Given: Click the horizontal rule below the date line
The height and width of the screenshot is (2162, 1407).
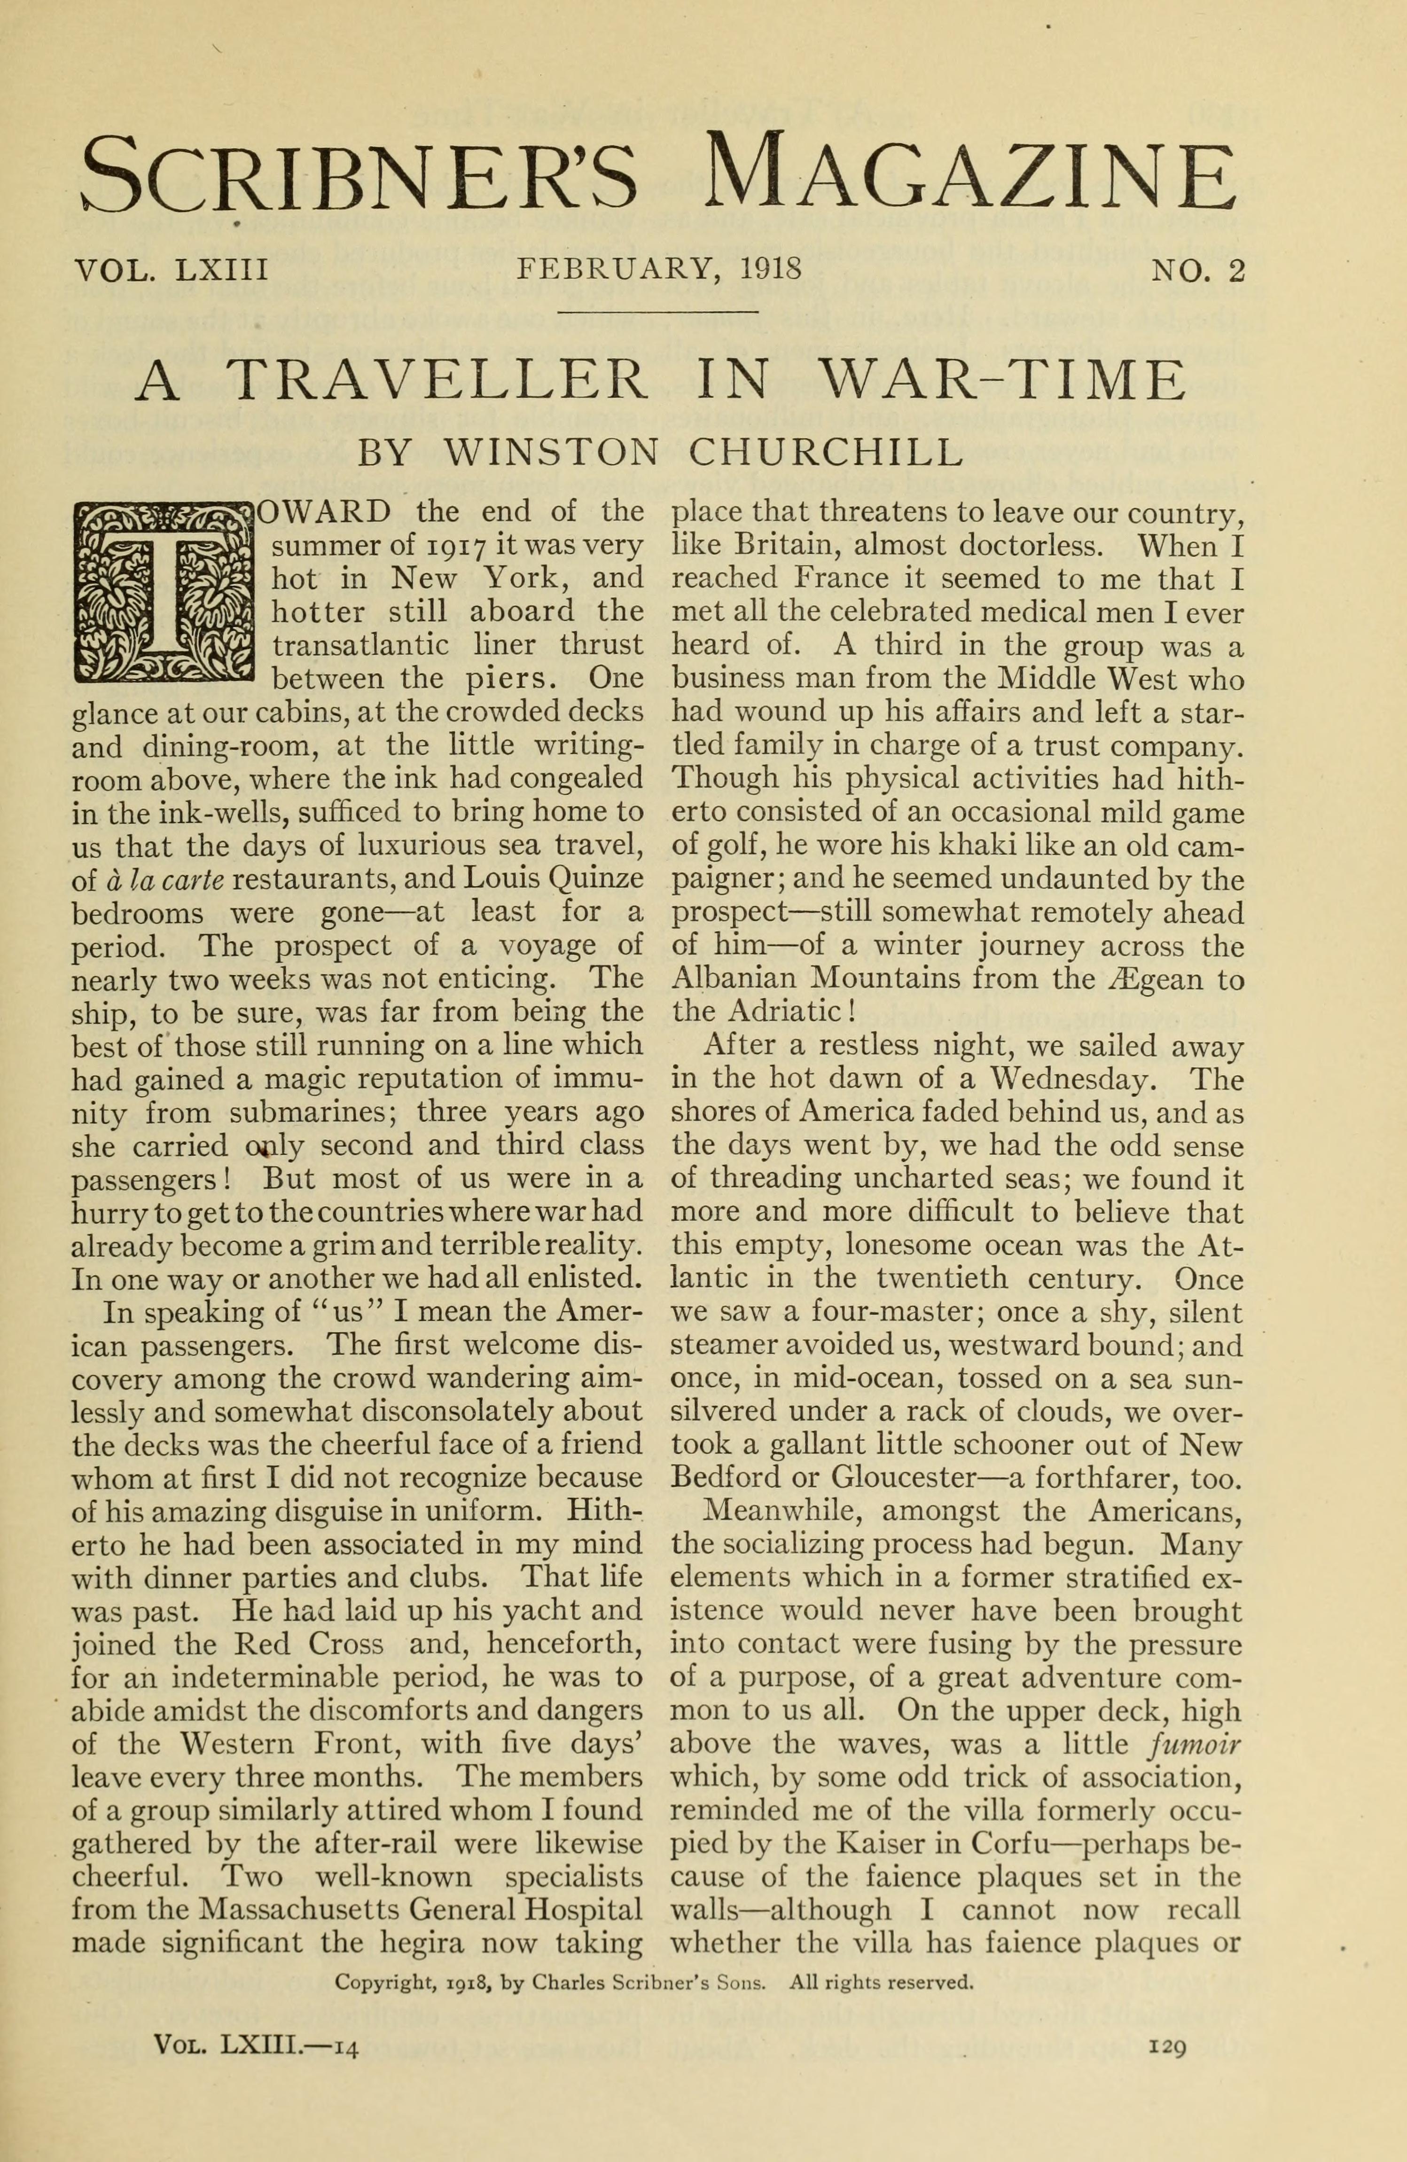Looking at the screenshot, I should coord(658,313).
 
